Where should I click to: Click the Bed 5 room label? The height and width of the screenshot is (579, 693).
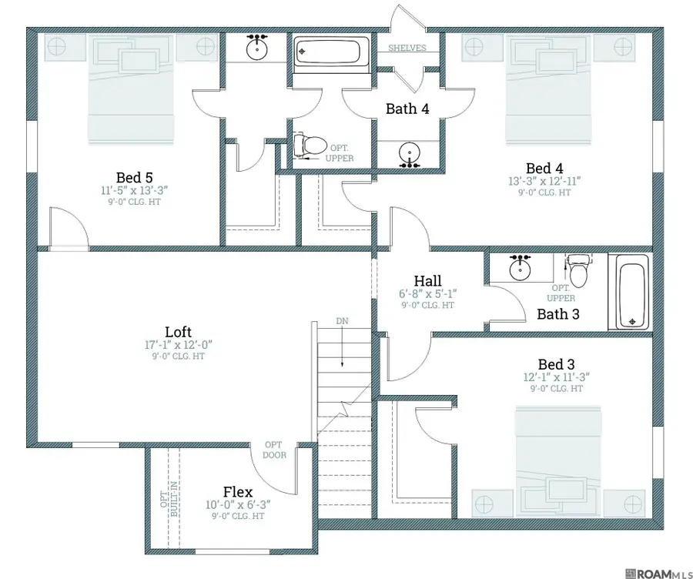[134, 177]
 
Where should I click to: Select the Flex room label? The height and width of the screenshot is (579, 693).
[238, 491]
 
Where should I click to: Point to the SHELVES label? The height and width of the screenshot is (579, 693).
[407, 48]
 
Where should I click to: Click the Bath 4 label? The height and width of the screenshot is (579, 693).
[407, 109]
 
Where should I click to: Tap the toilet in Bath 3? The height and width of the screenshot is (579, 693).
[578, 271]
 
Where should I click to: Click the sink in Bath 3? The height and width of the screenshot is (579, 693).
[521, 268]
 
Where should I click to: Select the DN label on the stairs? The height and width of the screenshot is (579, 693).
[342, 321]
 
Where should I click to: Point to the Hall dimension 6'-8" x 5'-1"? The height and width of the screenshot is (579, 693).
[428, 293]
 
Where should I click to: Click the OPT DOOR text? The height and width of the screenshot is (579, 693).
[274, 450]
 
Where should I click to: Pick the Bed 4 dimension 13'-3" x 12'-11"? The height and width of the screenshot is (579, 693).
[544, 181]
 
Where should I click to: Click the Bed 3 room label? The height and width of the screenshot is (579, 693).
[557, 364]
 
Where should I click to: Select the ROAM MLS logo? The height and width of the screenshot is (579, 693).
[658, 574]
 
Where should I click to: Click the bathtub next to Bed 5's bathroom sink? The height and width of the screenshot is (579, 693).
[331, 52]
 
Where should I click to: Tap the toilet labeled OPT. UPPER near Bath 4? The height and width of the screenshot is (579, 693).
[310, 145]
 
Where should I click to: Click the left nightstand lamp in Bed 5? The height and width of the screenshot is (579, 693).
[56, 46]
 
